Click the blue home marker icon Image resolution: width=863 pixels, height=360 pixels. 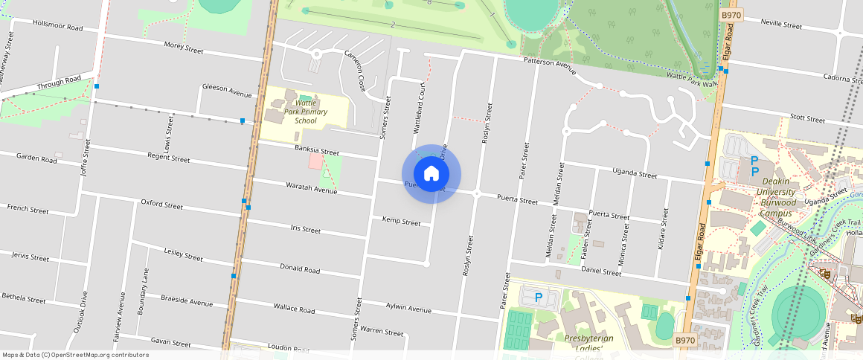tap(431, 174)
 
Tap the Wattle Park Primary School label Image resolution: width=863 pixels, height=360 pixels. tap(306, 112)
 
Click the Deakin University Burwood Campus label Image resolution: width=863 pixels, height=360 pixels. tap(777, 193)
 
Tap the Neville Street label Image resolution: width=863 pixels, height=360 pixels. tap(781, 24)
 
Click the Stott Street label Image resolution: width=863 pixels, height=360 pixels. tap(807, 118)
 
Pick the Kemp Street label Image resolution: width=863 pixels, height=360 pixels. tap(401, 221)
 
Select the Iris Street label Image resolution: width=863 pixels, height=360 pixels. tap(305, 229)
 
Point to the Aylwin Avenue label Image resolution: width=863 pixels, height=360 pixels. tap(408, 308)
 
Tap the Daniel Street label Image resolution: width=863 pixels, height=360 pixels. tap(600, 272)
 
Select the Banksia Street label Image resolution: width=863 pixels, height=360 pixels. tap(316, 151)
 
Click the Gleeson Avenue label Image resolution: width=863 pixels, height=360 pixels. tap(227, 90)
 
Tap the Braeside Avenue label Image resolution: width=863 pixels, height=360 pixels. tap(187, 301)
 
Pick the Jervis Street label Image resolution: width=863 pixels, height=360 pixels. tap(30, 257)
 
